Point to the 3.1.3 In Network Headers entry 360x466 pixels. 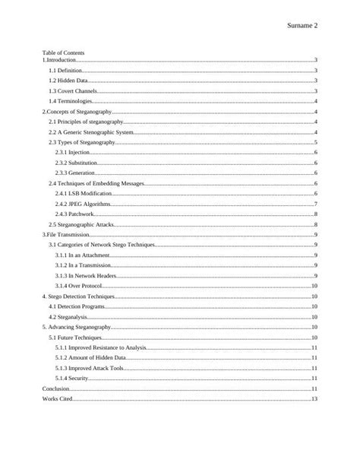point(87,275)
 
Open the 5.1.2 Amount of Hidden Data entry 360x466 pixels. point(93,357)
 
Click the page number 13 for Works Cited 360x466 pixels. point(314,398)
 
